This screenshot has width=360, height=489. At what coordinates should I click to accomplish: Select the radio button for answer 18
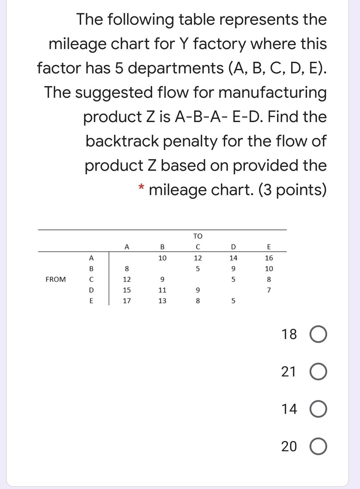pyautogui.click(x=319, y=334)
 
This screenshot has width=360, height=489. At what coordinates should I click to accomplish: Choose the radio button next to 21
pyautogui.click(x=319, y=372)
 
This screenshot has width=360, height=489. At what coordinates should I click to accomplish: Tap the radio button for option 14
pyautogui.click(x=319, y=409)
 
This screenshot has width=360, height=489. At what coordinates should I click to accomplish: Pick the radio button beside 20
pyautogui.click(x=319, y=447)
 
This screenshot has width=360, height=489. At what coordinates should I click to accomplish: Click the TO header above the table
pyautogui.click(x=198, y=236)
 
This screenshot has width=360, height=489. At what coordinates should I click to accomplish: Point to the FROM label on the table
pyautogui.click(x=56, y=279)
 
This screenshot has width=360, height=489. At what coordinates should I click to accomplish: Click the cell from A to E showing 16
pyautogui.click(x=269, y=258)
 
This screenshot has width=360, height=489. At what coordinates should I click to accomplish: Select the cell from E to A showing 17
pyautogui.click(x=127, y=301)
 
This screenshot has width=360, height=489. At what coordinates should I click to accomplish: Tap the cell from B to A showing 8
pyautogui.click(x=127, y=269)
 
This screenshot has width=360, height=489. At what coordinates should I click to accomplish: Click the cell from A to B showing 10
pyautogui.click(x=162, y=258)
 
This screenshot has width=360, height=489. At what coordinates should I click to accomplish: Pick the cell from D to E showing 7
pyautogui.click(x=269, y=290)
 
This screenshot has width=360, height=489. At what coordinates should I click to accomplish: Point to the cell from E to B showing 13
pyautogui.click(x=162, y=301)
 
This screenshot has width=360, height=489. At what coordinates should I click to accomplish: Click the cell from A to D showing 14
pyautogui.click(x=233, y=258)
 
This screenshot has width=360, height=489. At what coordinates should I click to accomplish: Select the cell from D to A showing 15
pyautogui.click(x=127, y=290)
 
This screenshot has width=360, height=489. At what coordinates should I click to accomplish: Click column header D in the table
pyautogui.click(x=233, y=247)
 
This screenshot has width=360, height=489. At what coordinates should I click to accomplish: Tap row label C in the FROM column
pyautogui.click(x=91, y=279)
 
